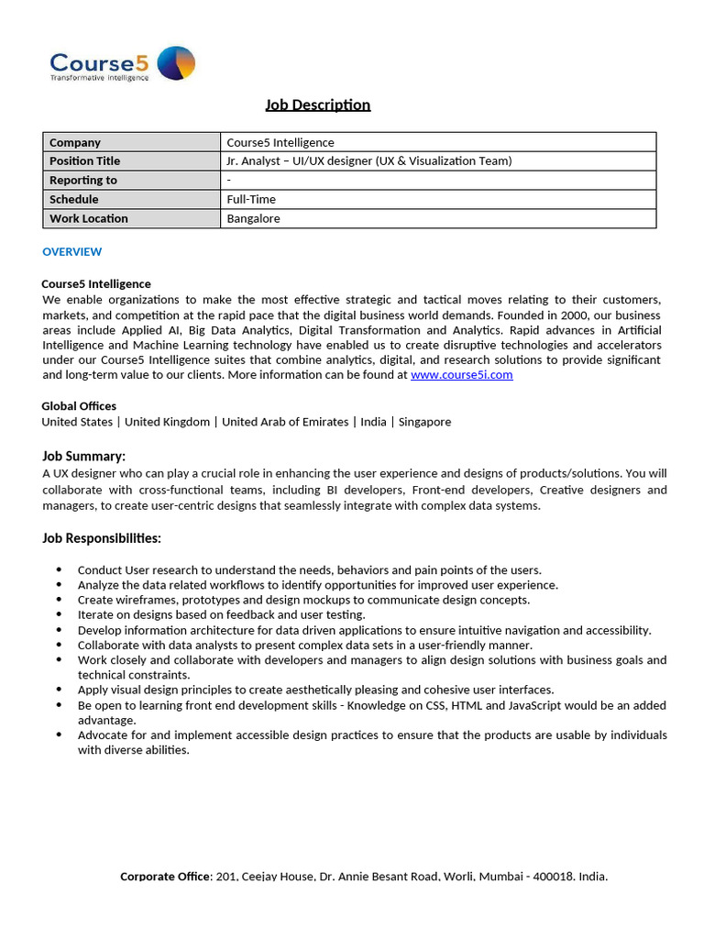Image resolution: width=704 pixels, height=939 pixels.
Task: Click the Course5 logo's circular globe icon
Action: [x=176, y=63]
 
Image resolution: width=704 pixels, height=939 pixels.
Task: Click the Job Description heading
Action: [x=317, y=105]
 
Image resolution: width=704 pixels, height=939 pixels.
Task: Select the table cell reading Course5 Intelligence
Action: [x=280, y=142]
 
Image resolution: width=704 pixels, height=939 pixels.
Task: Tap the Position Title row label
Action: [x=84, y=161]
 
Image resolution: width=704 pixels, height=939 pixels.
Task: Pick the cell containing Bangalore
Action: [x=253, y=218]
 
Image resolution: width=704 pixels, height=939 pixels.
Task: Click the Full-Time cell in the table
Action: [x=251, y=199]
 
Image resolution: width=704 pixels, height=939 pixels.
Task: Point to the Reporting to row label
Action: [x=82, y=181]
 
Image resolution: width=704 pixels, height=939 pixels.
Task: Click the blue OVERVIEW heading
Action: [x=71, y=251]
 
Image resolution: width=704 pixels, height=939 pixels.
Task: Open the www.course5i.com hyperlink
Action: [x=461, y=374]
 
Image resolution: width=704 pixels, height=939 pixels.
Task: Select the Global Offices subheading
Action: [x=79, y=406]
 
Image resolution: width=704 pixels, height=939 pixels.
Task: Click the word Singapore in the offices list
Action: [x=424, y=422]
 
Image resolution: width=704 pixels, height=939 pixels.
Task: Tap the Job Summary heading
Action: [x=83, y=456]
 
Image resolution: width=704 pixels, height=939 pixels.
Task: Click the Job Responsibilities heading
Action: [x=101, y=538]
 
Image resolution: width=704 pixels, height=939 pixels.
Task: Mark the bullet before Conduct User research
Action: [x=60, y=570]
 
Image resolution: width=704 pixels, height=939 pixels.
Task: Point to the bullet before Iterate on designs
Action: [x=60, y=615]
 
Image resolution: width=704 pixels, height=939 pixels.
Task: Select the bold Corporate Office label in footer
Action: [x=165, y=877]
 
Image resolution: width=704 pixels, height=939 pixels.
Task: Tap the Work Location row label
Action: [x=88, y=218]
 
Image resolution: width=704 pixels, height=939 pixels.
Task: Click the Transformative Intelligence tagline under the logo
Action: [x=99, y=79]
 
